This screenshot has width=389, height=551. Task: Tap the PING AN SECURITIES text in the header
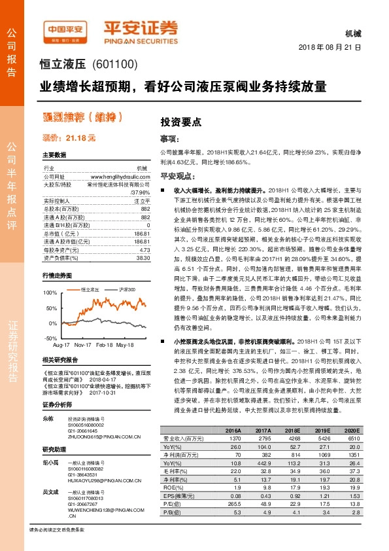[141, 39]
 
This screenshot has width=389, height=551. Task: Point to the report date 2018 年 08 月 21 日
[330, 48]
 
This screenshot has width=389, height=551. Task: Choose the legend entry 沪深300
[126, 289]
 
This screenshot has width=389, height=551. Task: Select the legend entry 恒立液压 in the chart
[90, 289]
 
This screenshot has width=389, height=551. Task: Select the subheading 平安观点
[177, 176]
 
